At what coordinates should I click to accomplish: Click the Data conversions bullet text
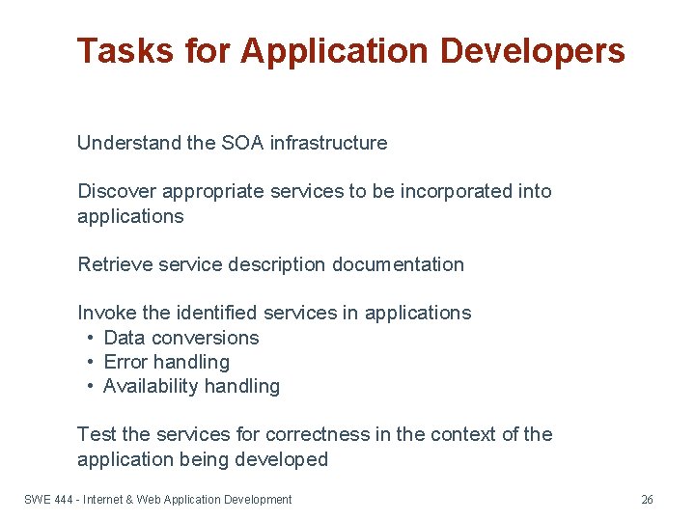(181, 338)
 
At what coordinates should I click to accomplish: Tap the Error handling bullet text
(166, 362)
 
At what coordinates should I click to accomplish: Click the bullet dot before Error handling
(89, 362)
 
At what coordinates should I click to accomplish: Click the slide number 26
(647, 500)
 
